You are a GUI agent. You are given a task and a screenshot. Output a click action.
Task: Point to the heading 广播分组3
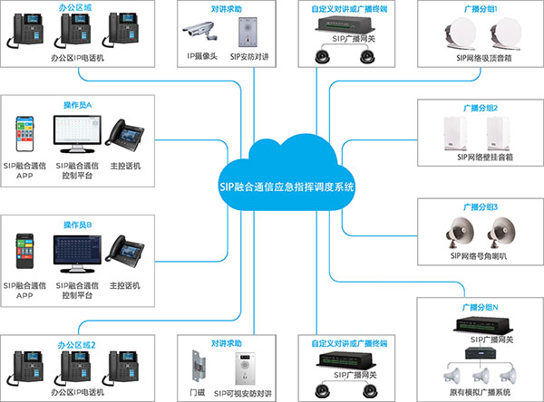(x=479, y=206)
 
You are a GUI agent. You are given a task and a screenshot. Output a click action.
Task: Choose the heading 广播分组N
(x=479, y=308)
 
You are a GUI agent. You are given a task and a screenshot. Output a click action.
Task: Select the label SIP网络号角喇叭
(x=480, y=255)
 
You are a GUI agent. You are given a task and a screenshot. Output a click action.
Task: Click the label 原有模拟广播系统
(x=481, y=390)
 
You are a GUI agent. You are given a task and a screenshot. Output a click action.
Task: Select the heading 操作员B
(x=77, y=224)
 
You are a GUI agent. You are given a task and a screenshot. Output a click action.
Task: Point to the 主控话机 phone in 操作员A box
(x=123, y=133)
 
